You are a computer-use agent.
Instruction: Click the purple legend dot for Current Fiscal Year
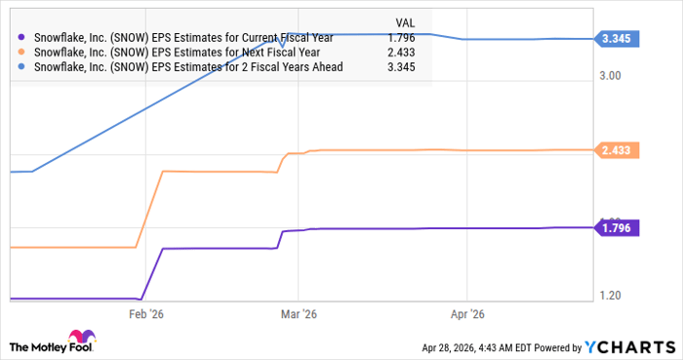pos(22,38)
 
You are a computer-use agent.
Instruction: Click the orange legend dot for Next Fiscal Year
pos(22,53)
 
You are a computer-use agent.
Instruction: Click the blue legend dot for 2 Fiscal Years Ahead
pos(22,67)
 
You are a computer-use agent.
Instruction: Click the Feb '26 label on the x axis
pos(147,314)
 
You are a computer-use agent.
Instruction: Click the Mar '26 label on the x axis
pos(300,314)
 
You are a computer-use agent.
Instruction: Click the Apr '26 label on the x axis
pos(467,314)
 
